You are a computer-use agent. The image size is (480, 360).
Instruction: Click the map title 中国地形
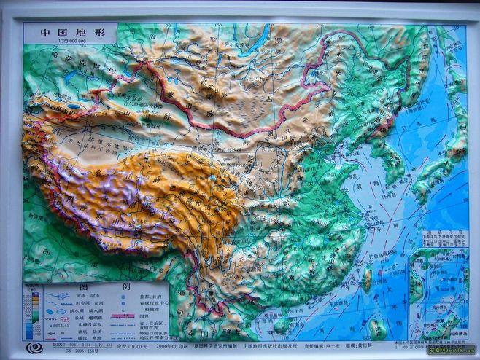coord(65,33)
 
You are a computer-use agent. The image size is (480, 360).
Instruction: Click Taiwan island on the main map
coord(367,279)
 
